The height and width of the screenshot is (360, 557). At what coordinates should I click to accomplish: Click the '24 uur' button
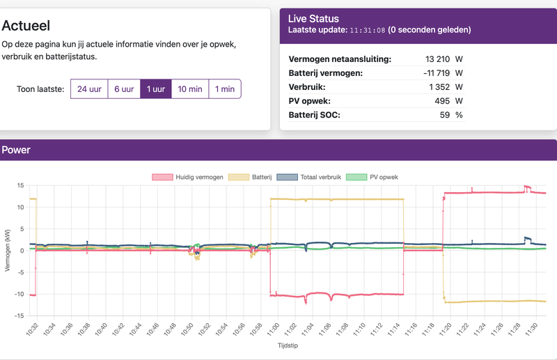click(x=89, y=89)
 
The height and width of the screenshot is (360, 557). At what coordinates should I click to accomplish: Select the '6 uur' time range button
click(x=124, y=89)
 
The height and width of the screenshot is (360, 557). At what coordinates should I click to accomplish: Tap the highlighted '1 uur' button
click(x=155, y=89)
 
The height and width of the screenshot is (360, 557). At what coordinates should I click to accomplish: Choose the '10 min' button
click(x=189, y=89)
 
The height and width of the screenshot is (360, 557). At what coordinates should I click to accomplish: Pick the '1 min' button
click(x=224, y=89)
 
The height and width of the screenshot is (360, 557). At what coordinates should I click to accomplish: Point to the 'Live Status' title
click(x=313, y=19)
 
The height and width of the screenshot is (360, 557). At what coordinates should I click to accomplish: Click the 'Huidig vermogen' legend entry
click(x=187, y=177)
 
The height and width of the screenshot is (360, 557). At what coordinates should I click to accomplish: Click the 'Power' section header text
click(x=16, y=150)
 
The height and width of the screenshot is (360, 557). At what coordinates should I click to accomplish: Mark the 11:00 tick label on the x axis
click(x=272, y=327)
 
